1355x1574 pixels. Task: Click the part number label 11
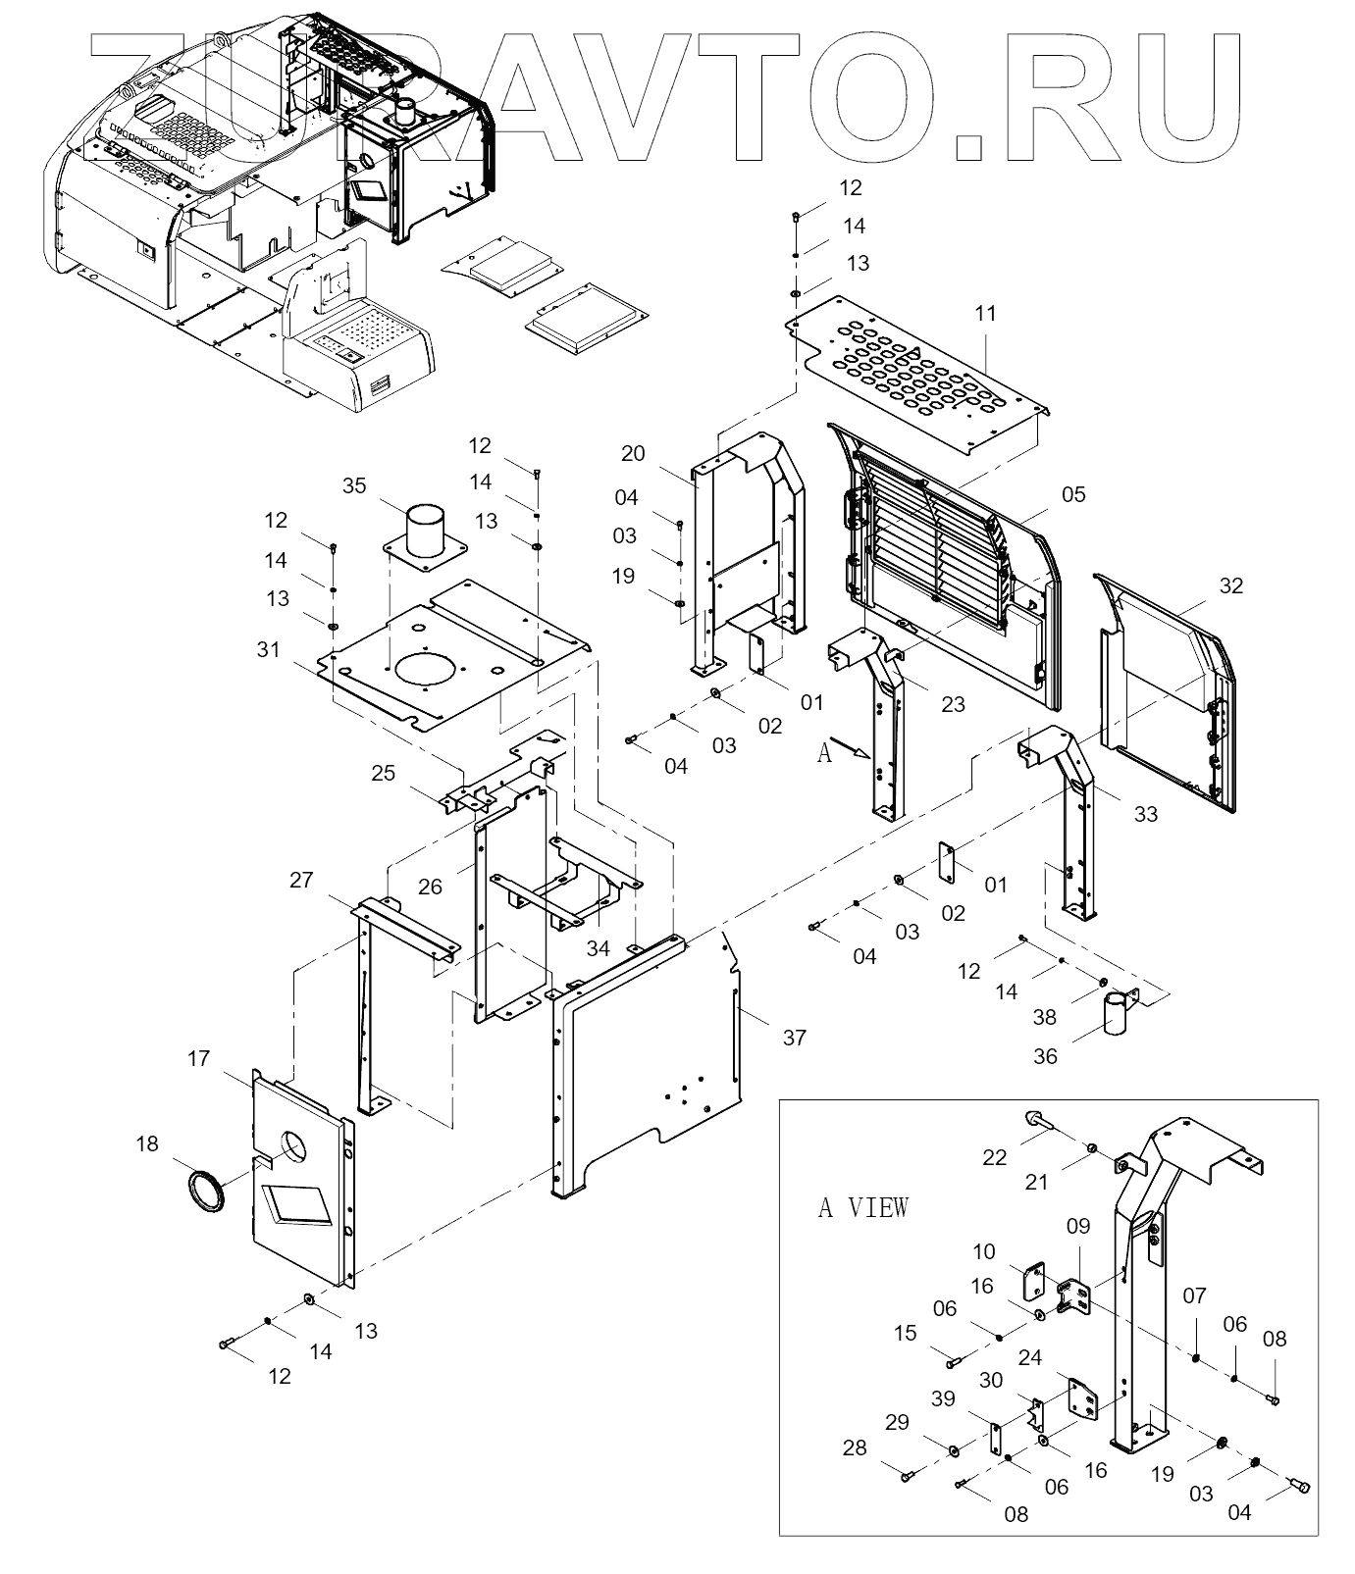click(985, 313)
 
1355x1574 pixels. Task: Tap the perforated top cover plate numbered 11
click(922, 378)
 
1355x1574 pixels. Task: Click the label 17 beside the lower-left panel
click(198, 1058)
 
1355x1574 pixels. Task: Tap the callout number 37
click(794, 1037)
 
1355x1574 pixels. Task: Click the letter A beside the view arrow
click(824, 752)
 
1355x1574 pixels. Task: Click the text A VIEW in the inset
click(863, 1207)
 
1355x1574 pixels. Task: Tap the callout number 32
click(1230, 585)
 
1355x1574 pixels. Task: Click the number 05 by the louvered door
click(1074, 494)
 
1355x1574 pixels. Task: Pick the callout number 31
click(268, 649)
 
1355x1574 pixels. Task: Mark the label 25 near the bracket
click(383, 773)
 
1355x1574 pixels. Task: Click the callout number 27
click(301, 880)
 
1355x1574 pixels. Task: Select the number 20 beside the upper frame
click(633, 453)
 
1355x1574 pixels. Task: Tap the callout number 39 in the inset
click(943, 1398)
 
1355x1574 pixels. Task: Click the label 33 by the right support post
click(1145, 814)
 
